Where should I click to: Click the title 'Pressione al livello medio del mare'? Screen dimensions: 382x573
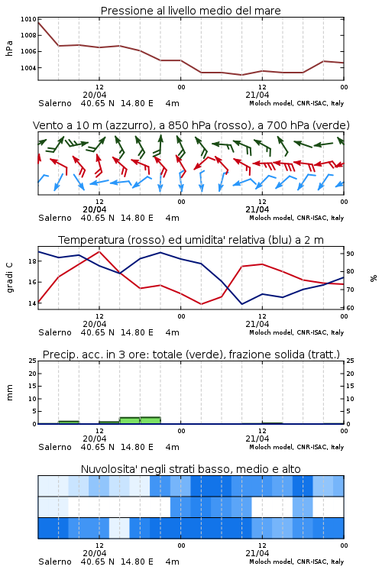pyautogui.click(x=190, y=11)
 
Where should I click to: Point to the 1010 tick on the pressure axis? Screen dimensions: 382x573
pyautogui.click(x=28, y=19)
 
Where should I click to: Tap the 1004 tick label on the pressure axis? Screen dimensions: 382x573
pyautogui.click(x=28, y=68)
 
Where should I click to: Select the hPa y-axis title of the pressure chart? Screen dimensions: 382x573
pyautogui.click(x=9, y=48)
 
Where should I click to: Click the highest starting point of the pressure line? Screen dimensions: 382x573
pyautogui.click(x=38, y=22)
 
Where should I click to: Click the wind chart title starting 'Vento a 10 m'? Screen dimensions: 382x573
pyautogui.click(x=191, y=125)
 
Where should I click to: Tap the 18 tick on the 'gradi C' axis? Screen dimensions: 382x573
pyautogui.click(x=32, y=261)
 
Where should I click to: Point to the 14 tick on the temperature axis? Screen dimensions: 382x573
pyautogui.click(x=32, y=303)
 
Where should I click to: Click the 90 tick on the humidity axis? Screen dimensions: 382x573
pyautogui.click(x=350, y=254)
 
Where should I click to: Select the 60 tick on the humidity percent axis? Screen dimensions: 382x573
pyautogui.click(x=350, y=308)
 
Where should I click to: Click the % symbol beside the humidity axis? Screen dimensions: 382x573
pyautogui.click(x=374, y=278)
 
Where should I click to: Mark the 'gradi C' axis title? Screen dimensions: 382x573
pyautogui.click(x=9, y=277)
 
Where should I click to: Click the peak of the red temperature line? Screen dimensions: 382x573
pyautogui.click(x=99, y=251)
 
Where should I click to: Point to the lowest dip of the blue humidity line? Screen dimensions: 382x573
pyautogui.click(x=241, y=304)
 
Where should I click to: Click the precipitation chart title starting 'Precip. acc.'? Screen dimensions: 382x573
pyautogui.click(x=191, y=354)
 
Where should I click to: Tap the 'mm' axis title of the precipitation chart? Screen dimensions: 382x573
pyautogui.click(x=9, y=393)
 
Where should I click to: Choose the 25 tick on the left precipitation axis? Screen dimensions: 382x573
pyautogui.click(x=33, y=361)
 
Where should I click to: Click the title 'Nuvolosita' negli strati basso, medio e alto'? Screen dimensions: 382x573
pyautogui.click(x=190, y=469)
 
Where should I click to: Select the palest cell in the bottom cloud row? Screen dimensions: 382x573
pyautogui.click(x=119, y=528)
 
